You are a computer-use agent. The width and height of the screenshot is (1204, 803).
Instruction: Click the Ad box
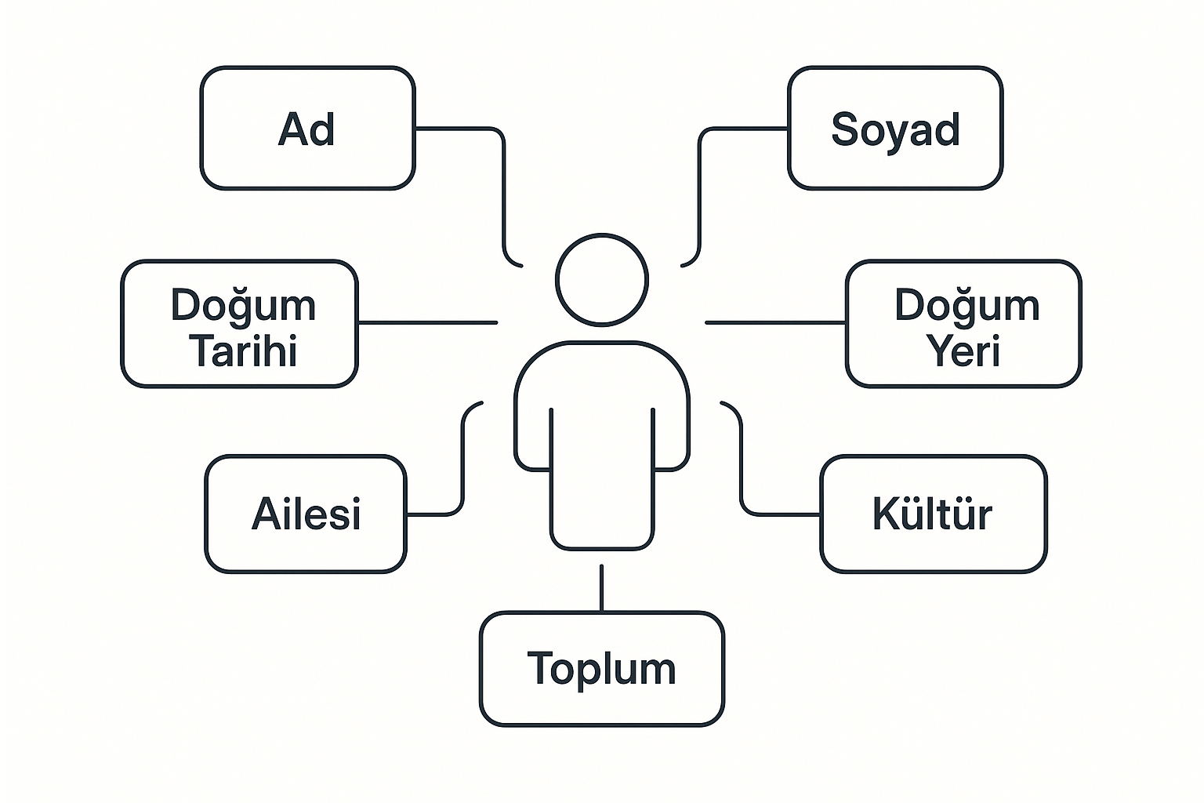[x=307, y=129]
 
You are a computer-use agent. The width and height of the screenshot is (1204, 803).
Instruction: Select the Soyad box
[x=895, y=129]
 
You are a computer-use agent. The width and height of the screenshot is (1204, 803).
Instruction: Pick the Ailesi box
[x=306, y=514]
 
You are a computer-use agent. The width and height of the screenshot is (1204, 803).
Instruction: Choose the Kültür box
[x=933, y=514]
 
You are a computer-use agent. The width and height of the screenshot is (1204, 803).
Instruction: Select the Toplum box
[x=602, y=669]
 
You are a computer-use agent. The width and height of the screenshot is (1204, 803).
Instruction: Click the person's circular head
[x=602, y=279]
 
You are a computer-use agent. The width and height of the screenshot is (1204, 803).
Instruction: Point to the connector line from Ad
[x=502, y=188]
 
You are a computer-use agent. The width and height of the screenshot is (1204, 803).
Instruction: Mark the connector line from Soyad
[x=699, y=188]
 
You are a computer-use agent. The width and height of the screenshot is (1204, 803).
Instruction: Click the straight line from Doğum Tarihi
[x=427, y=322]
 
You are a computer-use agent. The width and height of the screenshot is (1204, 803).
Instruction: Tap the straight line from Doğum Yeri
[x=776, y=322]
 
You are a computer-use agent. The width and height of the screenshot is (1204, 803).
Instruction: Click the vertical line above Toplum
[x=601, y=588]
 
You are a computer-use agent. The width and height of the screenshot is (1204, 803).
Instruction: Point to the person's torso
[x=602, y=439]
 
